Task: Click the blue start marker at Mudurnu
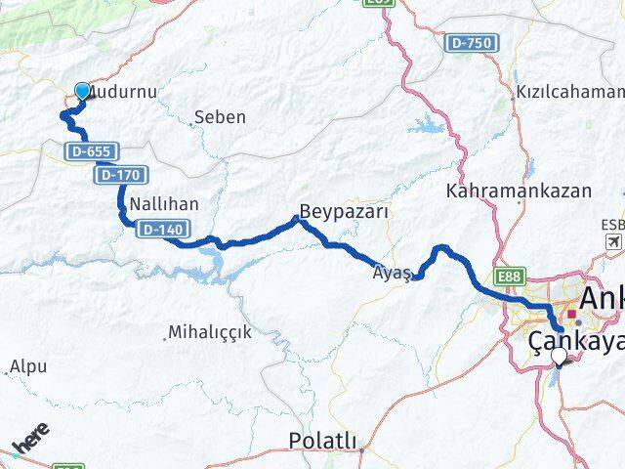[81, 92]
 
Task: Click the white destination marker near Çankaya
[559, 359]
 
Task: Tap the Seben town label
[220, 117]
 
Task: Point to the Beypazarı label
[345, 212]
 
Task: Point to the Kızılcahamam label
[571, 92]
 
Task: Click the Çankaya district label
[575, 341]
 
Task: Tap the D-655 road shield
[94, 151]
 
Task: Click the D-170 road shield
[122, 175]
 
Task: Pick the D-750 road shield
[471, 43]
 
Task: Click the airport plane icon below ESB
[613, 241]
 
